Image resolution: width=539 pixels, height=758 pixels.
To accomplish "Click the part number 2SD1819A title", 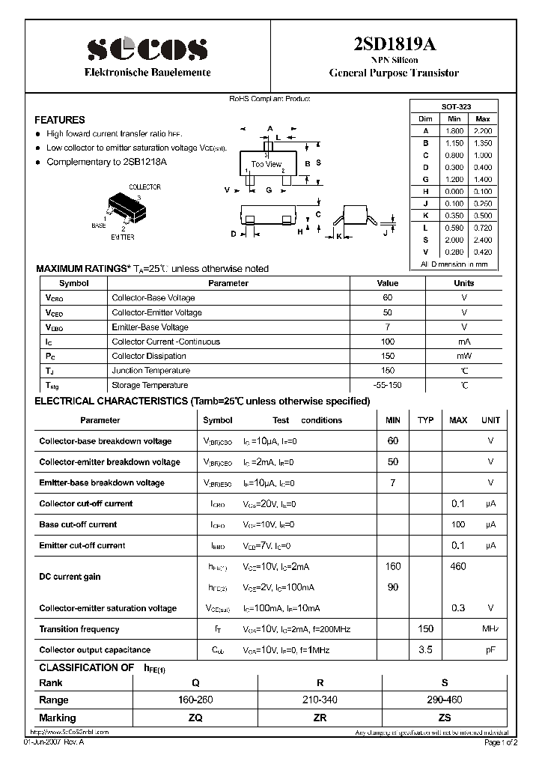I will pyautogui.click(x=394, y=44).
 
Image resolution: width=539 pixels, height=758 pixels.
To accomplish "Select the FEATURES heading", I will pyautogui.click(x=60, y=120).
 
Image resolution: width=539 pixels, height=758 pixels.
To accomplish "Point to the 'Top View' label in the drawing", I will pyautogui.click(x=266, y=164).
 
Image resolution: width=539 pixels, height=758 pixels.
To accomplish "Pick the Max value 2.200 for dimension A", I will pyautogui.click(x=483, y=130).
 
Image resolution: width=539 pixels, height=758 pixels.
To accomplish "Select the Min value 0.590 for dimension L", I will pyautogui.click(x=454, y=227).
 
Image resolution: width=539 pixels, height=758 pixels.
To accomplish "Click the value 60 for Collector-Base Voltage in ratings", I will pyautogui.click(x=387, y=298).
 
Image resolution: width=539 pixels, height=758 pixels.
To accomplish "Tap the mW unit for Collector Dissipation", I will pyautogui.click(x=463, y=356).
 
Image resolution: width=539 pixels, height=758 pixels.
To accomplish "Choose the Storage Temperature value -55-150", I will pyautogui.click(x=387, y=385).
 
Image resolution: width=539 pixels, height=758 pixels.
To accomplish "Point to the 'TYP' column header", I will pyautogui.click(x=425, y=420).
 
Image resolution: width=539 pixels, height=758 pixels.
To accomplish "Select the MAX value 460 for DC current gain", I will pyautogui.click(x=457, y=566).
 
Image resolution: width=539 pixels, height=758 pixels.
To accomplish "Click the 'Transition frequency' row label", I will pyautogui.click(x=79, y=629).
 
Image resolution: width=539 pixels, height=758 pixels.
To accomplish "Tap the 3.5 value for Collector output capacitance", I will pyautogui.click(x=425, y=650).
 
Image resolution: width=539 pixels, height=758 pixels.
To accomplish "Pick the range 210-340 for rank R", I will pyautogui.click(x=320, y=700).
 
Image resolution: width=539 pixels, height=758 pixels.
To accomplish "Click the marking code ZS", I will pyautogui.click(x=445, y=718).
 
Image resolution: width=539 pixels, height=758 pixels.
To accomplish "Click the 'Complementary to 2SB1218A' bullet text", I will pyautogui.click(x=106, y=162).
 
